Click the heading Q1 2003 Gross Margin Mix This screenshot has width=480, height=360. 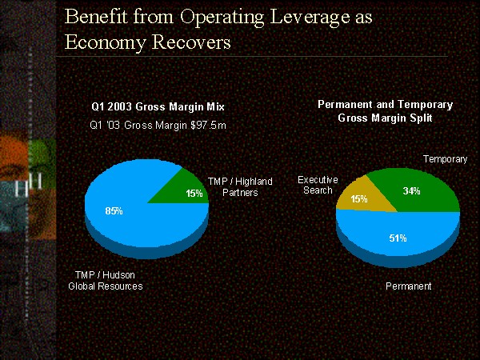tap(157, 106)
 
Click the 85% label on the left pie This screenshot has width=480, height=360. tap(114, 211)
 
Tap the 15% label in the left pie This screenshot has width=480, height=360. tap(193, 193)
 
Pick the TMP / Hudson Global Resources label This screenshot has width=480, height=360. tap(105, 281)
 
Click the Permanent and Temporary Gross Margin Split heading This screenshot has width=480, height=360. tap(385, 111)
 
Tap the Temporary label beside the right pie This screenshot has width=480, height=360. tap(445, 159)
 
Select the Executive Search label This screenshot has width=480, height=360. tap(318, 185)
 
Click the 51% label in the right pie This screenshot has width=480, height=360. tap(398, 238)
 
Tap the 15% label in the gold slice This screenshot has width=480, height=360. tap(359, 198)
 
